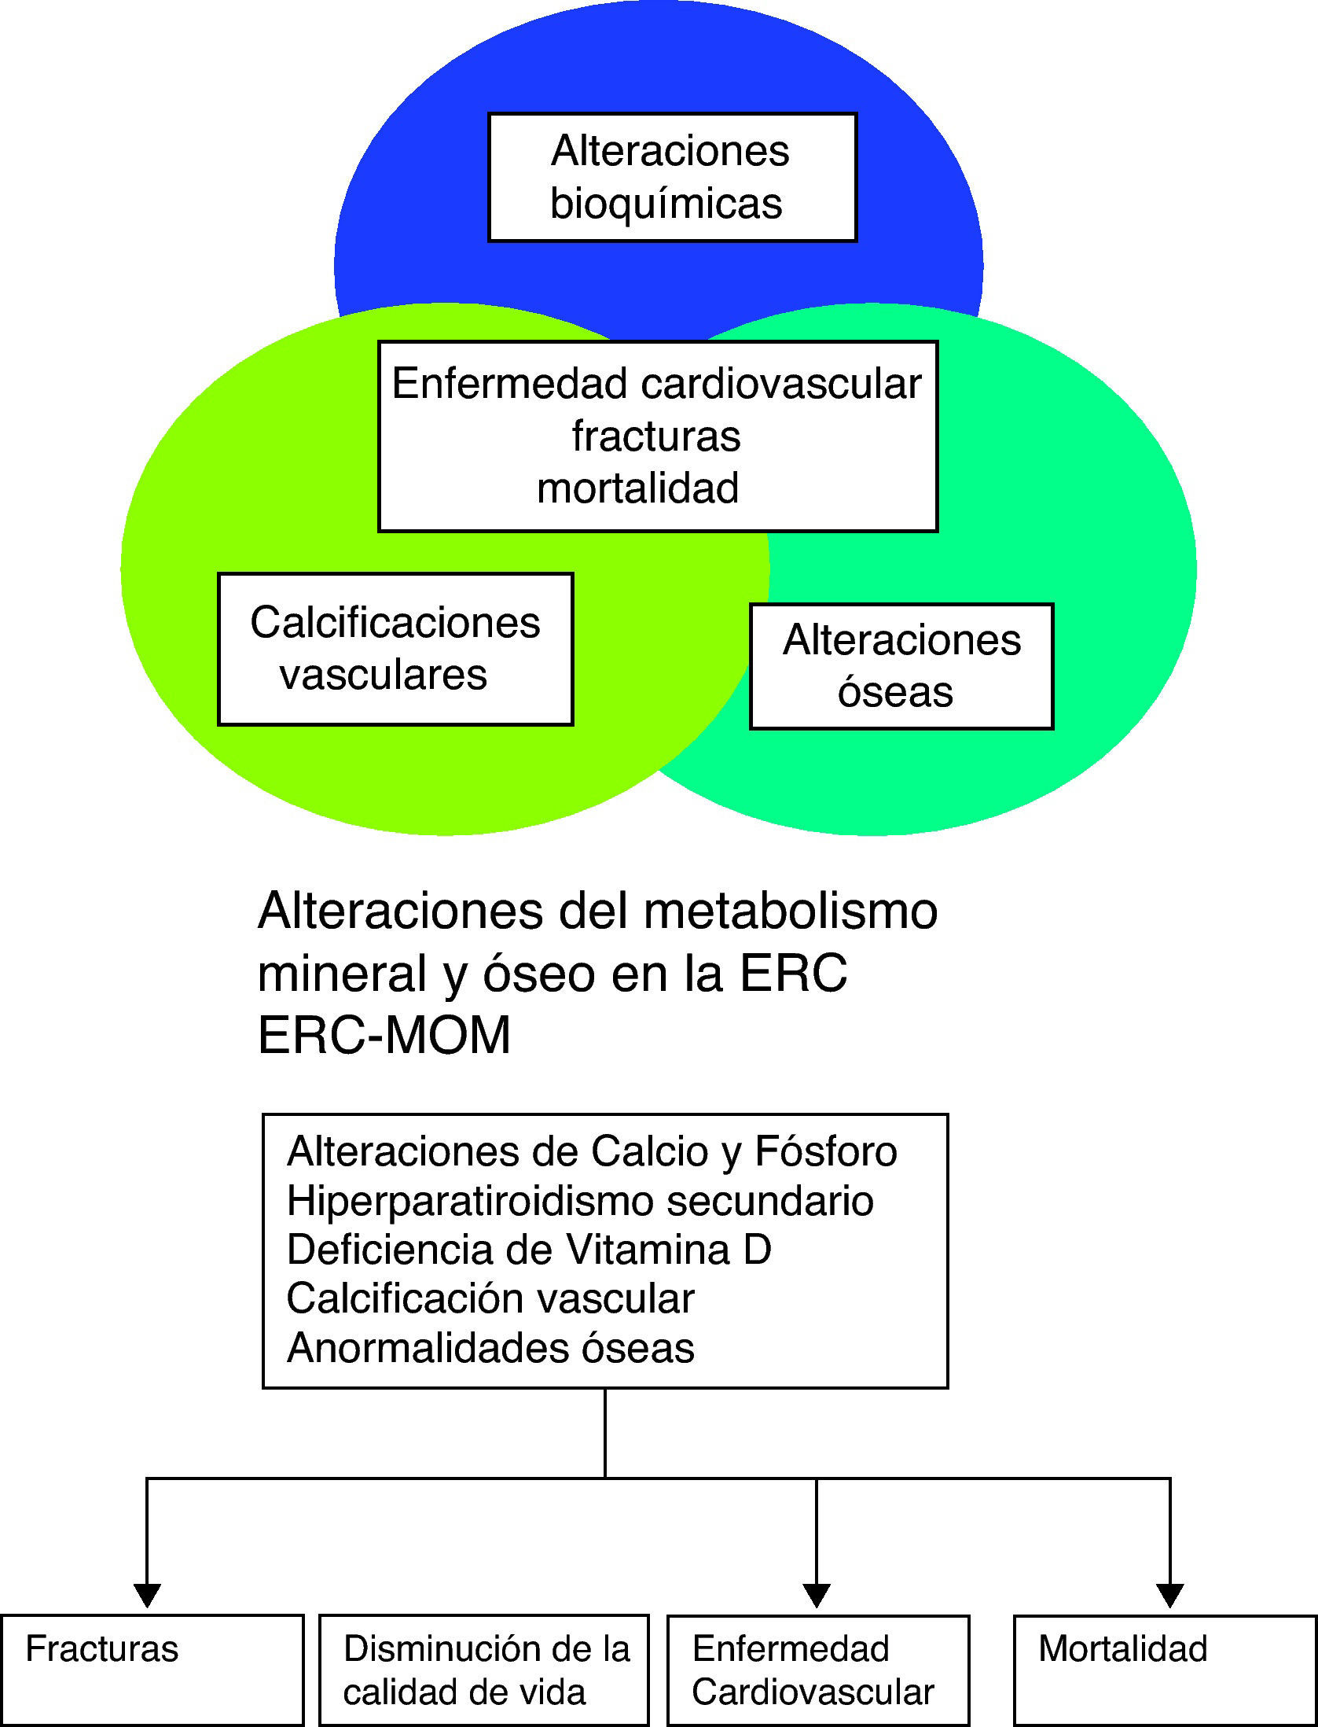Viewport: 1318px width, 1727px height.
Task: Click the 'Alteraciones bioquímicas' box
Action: coord(672,177)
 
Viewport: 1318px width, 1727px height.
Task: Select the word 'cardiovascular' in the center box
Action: coord(781,385)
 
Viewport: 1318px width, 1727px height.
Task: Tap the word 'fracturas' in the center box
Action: coord(656,436)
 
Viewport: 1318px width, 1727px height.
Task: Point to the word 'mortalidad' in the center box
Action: coord(638,488)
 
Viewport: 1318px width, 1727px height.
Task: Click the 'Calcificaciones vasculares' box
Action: coord(395,649)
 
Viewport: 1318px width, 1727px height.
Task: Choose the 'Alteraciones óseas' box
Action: coord(901,666)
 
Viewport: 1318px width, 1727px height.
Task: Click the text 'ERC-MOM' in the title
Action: coord(384,1035)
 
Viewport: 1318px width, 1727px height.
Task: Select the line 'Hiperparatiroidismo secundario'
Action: coord(580,1201)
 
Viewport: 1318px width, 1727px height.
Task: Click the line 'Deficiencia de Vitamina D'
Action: coord(529,1250)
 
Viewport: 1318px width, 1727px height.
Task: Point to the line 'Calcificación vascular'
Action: coord(490,1298)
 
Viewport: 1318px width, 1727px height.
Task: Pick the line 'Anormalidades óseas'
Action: coord(490,1348)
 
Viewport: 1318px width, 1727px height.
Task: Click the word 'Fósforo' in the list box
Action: coord(826,1152)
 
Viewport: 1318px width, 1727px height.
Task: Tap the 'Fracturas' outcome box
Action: coord(152,1670)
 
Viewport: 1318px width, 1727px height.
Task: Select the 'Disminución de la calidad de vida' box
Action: coord(484,1670)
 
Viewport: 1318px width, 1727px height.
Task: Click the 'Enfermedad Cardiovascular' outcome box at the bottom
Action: coord(817,1670)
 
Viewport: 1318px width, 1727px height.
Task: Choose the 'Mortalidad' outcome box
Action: coord(1165,1670)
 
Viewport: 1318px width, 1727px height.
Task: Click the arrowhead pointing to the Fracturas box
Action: coord(147,1595)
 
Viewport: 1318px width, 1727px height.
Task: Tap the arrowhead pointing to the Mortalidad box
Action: coord(1170,1595)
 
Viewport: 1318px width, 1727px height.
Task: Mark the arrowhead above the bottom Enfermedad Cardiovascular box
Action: coord(817,1595)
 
